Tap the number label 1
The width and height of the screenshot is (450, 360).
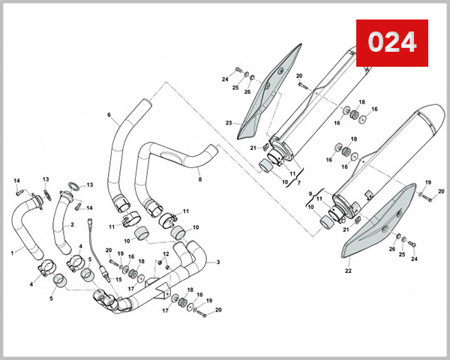pyautogui.click(x=12, y=253)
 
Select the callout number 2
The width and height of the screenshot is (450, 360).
pyautogui.click(x=73, y=224)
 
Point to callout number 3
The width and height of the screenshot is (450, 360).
pyautogui.click(x=217, y=262)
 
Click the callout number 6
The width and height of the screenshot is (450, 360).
pyautogui.click(x=109, y=115)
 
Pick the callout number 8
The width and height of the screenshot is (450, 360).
pyautogui.click(x=199, y=180)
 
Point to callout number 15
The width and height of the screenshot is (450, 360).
pyautogui.click(x=118, y=280)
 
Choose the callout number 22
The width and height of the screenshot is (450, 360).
pyautogui.click(x=347, y=270)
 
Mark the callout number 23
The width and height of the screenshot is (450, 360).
pyautogui.click(x=229, y=122)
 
